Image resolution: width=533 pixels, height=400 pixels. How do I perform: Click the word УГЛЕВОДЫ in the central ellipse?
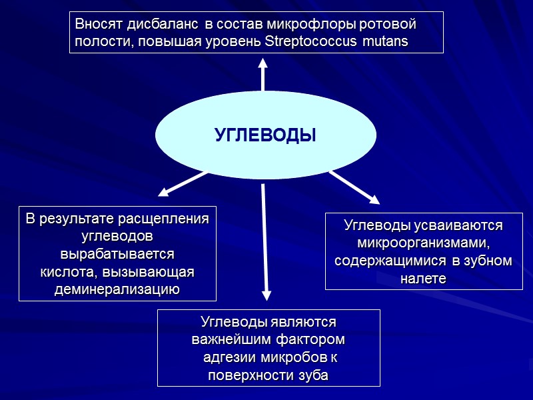(265, 136)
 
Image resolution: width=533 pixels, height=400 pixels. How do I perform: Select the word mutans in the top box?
(386, 41)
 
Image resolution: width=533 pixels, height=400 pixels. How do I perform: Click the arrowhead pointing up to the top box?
(263, 64)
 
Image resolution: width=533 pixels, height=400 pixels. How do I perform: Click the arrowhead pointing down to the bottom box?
(267, 295)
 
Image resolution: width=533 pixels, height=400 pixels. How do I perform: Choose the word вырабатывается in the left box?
(117, 254)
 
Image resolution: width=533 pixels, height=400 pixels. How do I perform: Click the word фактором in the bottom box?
(310, 340)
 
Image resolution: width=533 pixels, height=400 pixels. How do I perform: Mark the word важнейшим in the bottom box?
(229, 340)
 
